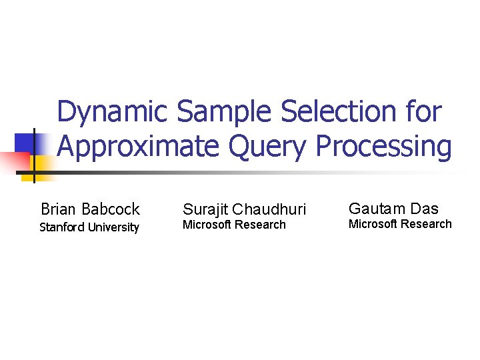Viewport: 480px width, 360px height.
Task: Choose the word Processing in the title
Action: [x=385, y=147]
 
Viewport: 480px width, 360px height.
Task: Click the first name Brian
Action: [x=59, y=209]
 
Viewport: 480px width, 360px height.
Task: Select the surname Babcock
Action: [x=111, y=209]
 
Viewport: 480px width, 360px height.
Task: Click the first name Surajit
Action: [x=205, y=209]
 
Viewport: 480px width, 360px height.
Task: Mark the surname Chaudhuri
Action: [x=269, y=209]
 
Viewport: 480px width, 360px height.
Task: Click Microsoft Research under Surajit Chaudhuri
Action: [x=234, y=225]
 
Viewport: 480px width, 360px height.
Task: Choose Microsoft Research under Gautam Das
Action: [x=400, y=224]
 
